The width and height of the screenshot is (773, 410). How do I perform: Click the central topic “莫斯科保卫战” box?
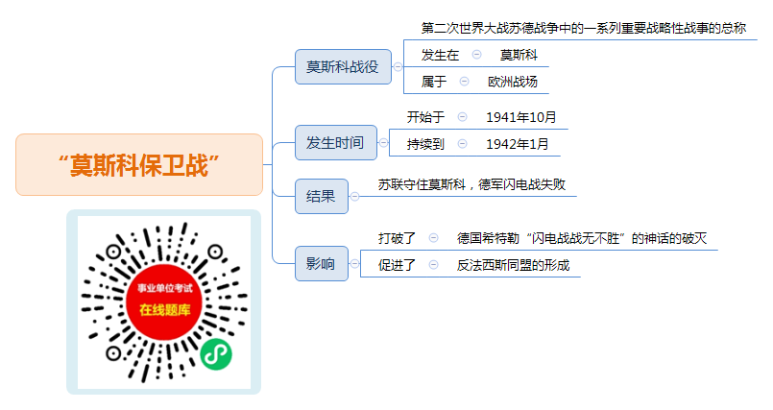139,164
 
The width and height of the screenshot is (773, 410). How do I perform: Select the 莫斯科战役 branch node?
343,66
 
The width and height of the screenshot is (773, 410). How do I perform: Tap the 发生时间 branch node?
336,142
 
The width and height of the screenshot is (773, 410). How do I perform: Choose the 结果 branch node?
322,196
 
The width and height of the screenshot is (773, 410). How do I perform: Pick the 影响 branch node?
322,264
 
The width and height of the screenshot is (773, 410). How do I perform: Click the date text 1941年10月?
521,117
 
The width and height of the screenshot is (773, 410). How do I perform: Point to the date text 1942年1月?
518,144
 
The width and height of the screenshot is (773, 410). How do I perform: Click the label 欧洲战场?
513,82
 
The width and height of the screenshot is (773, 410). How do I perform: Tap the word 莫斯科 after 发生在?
519,55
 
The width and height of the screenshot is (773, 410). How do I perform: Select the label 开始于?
425,117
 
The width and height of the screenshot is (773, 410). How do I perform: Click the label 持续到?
425,144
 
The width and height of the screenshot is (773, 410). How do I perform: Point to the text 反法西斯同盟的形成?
513,265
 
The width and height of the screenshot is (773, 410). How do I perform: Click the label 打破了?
397,238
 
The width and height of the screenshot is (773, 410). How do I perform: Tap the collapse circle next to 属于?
464,82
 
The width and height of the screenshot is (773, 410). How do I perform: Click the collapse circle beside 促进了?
433,265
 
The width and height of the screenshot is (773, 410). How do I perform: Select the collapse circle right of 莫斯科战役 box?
398,66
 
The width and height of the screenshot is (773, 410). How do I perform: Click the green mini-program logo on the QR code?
216,353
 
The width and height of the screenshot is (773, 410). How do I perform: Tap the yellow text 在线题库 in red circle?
164,310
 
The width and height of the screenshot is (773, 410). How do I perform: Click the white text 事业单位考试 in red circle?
164,288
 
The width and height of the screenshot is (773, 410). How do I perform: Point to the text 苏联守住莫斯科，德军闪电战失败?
471,184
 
